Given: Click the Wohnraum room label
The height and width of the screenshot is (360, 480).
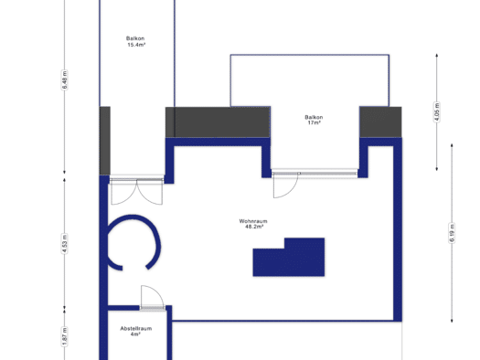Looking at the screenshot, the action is (x=253, y=221).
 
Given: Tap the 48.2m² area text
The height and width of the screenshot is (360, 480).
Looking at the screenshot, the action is (x=254, y=227).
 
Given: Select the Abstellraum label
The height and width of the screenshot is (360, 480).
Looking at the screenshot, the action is (x=136, y=329).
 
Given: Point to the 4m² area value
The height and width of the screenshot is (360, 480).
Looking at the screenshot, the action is (x=135, y=334).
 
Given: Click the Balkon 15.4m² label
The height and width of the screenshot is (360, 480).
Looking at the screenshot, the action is (x=135, y=42).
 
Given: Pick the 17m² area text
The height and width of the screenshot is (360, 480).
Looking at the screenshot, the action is (x=315, y=122).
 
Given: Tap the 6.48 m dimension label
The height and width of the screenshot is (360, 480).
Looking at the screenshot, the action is (x=64, y=79).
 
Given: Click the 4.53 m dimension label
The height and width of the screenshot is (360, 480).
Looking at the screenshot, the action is (x=64, y=244).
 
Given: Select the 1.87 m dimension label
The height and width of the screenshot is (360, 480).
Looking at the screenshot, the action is (x=64, y=336).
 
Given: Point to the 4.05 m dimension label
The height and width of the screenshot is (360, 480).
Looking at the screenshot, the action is (x=437, y=112).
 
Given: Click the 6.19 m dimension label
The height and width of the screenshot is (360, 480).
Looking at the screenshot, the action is (x=453, y=233).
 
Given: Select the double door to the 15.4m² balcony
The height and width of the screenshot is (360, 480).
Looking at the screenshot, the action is (x=136, y=191).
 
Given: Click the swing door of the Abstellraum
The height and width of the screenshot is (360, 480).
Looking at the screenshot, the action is (x=153, y=298).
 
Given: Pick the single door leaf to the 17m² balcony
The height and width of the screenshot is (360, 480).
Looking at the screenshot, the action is (x=285, y=185).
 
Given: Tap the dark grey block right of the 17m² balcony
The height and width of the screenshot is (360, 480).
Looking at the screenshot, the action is (x=380, y=122).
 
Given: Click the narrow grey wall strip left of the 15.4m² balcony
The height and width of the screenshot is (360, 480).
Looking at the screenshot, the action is (x=105, y=141).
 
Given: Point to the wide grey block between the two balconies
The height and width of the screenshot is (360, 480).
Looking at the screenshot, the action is (x=218, y=122).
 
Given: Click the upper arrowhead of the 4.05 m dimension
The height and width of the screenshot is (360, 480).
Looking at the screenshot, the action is (x=437, y=56).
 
